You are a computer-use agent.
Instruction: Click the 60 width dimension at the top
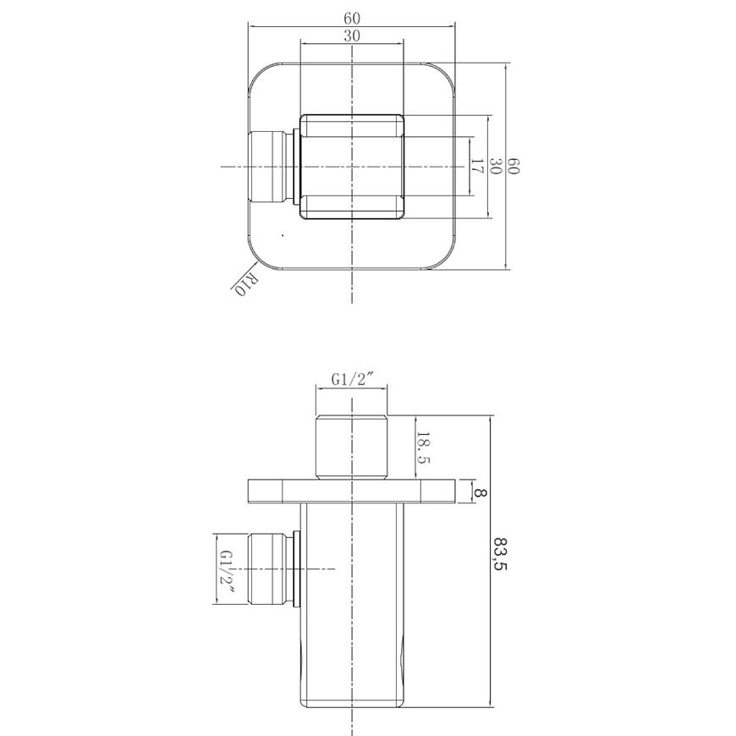pos(352,19)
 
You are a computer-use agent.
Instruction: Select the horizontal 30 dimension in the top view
pos(352,36)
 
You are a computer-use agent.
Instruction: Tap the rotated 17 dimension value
pos(476,166)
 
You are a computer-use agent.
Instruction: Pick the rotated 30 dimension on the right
pos(495,166)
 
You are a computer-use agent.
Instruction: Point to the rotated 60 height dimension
pos(513,166)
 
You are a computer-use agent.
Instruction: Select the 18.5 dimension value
pos(423,448)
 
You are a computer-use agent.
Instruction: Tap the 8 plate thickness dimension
pos(481,493)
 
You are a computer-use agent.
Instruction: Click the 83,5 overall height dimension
pos(501,553)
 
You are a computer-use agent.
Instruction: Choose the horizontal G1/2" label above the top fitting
pos(352,379)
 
